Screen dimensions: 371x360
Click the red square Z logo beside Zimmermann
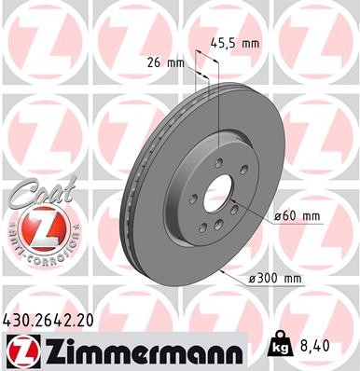click(x=19, y=350)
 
